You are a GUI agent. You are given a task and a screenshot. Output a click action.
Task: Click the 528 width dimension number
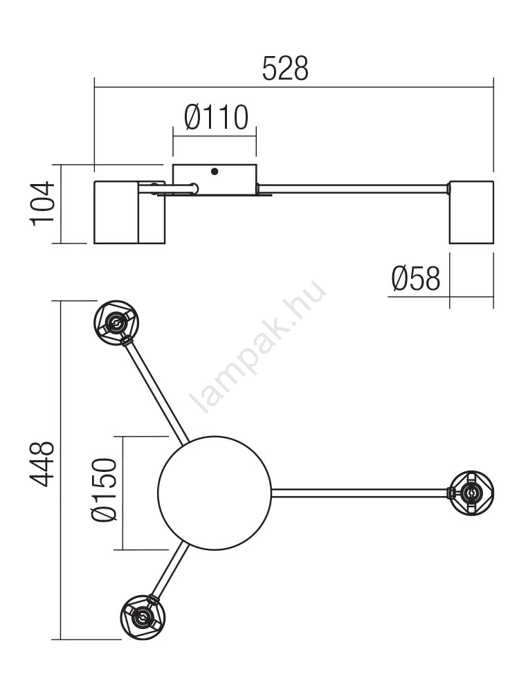point(285,69)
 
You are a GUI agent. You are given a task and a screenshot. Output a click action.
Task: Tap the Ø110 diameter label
point(216,118)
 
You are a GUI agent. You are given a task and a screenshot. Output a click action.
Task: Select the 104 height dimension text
point(43,204)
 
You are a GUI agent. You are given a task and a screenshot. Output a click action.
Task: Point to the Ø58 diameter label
point(416,278)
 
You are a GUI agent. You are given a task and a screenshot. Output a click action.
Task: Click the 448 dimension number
point(43,464)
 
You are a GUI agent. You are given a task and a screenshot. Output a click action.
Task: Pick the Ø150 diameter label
point(104,490)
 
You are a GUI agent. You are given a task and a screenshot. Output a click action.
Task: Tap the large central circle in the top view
point(215,493)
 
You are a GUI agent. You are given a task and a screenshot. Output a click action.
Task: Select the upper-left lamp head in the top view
point(116,323)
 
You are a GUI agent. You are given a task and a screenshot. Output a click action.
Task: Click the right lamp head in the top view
point(471,493)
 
